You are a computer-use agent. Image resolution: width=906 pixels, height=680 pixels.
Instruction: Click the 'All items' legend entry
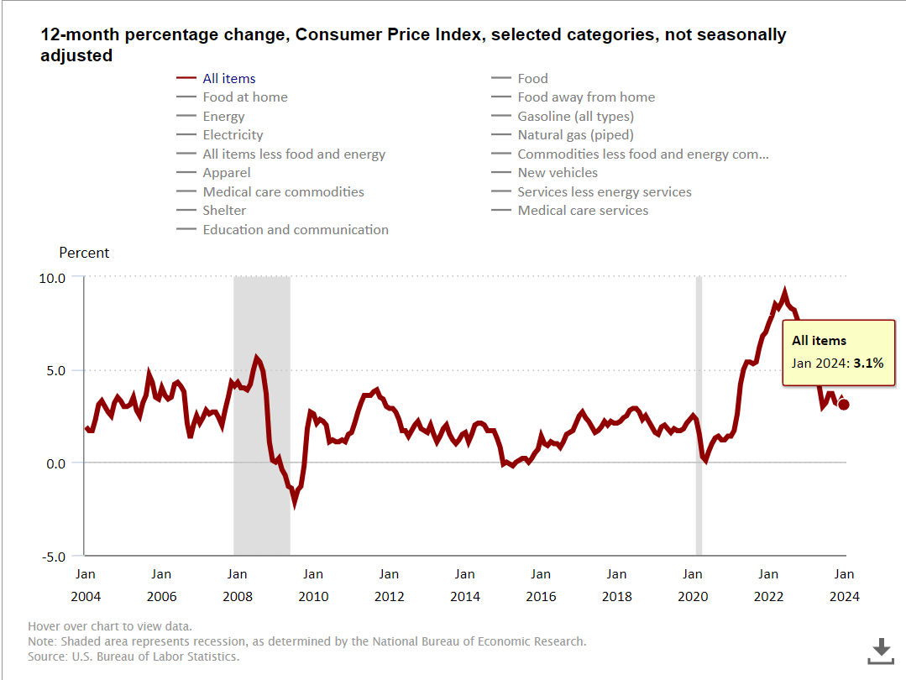click(x=228, y=78)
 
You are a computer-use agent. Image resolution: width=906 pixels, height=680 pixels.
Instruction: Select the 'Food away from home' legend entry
click(x=585, y=97)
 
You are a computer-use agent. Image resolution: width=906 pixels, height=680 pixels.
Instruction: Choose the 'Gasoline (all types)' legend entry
click(x=575, y=116)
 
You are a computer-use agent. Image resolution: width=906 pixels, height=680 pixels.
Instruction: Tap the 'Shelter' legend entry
click(x=224, y=211)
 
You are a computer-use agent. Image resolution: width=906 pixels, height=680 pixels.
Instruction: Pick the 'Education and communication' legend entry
click(x=295, y=229)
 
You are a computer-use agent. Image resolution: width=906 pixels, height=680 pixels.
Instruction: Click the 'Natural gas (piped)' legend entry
click(x=575, y=135)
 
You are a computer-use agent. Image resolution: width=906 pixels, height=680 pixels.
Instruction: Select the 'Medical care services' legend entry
click(x=583, y=211)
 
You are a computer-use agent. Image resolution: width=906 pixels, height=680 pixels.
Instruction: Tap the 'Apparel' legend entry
click(x=226, y=173)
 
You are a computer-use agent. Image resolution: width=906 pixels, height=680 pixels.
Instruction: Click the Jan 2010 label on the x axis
click(x=313, y=585)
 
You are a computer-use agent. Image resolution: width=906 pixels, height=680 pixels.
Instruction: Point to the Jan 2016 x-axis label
click(x=541, y=585)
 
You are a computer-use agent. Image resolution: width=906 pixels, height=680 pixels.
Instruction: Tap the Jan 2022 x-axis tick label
click(x=768, y=585)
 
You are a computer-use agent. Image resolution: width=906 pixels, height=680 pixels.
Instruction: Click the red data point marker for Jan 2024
click(x=844, y=405)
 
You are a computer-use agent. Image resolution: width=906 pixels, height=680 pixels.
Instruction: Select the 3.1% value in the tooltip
click(x=869, y=364)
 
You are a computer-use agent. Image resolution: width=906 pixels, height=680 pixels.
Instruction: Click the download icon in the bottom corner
click(x=880, y=650)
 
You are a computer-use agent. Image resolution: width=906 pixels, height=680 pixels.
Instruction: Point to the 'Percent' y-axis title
click(x=84, y=253)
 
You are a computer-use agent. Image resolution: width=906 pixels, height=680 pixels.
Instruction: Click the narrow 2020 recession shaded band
click(x=699, y=416)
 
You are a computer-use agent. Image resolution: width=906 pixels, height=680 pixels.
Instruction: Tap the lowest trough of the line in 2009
click(x=295, y=504)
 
